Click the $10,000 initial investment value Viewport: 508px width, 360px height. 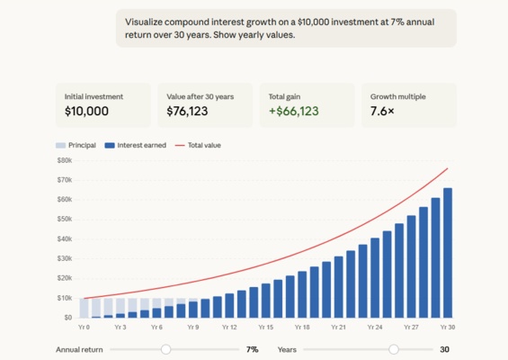pos(86,112)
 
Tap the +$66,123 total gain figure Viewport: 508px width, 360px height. pos(293,112)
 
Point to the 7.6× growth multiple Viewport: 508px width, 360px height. pos(385,112)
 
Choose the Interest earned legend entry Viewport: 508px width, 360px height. pos(135,145)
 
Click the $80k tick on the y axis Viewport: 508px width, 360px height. pos(64,160)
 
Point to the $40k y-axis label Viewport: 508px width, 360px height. pos(64,238)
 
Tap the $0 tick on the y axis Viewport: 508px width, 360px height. pos(67,318)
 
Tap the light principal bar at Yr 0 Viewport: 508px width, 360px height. pos(85,308)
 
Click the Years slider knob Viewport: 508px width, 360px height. pos(394,349)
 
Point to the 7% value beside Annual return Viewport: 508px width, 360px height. pos(253,349)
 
